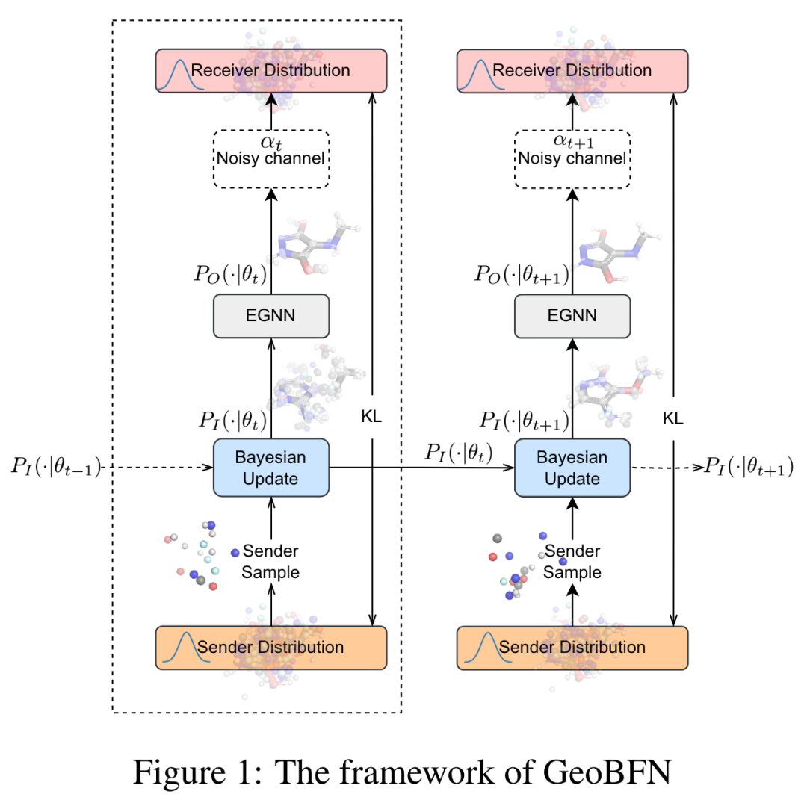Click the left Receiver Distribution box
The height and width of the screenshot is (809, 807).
tap(270, 71)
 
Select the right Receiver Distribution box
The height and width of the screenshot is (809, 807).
tap(572, 71)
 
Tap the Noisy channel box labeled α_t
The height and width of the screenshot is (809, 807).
tap(270, 158)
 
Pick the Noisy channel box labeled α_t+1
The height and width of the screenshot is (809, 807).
tap(572, 158)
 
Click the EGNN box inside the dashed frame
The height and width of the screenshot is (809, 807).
tap(270, 315)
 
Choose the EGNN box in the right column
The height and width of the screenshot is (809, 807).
tap(572, 315)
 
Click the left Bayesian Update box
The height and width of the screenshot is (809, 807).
tap(270, 467)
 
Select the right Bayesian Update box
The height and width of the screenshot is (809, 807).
tap(572, 467)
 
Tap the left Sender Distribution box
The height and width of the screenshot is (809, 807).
tap(270, 647)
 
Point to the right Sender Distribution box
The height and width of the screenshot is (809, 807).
tap(572, 647)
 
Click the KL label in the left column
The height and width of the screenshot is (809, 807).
tap(371, 417)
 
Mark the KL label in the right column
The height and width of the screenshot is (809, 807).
tap(673, 417)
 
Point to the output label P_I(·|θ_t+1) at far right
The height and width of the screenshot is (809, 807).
tap(749, 468)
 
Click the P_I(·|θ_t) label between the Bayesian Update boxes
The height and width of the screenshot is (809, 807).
tap(459, 453)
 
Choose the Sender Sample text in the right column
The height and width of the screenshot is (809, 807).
tap(572, 562)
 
